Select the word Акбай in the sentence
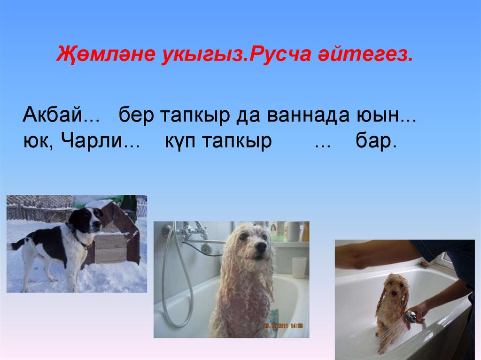[x=52, y=115]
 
